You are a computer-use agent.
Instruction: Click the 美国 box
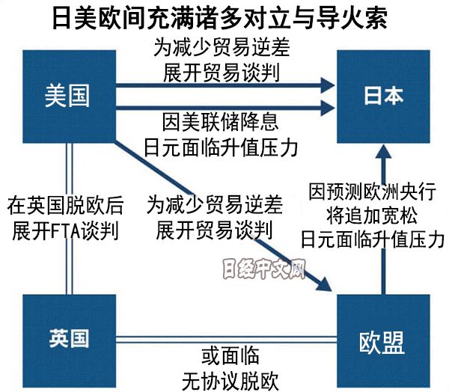click(68, 96)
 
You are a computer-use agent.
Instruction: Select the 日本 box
click(382, 96)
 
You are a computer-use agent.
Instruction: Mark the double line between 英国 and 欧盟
click(224, 338)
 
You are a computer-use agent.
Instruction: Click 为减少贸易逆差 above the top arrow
click(224, 47)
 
